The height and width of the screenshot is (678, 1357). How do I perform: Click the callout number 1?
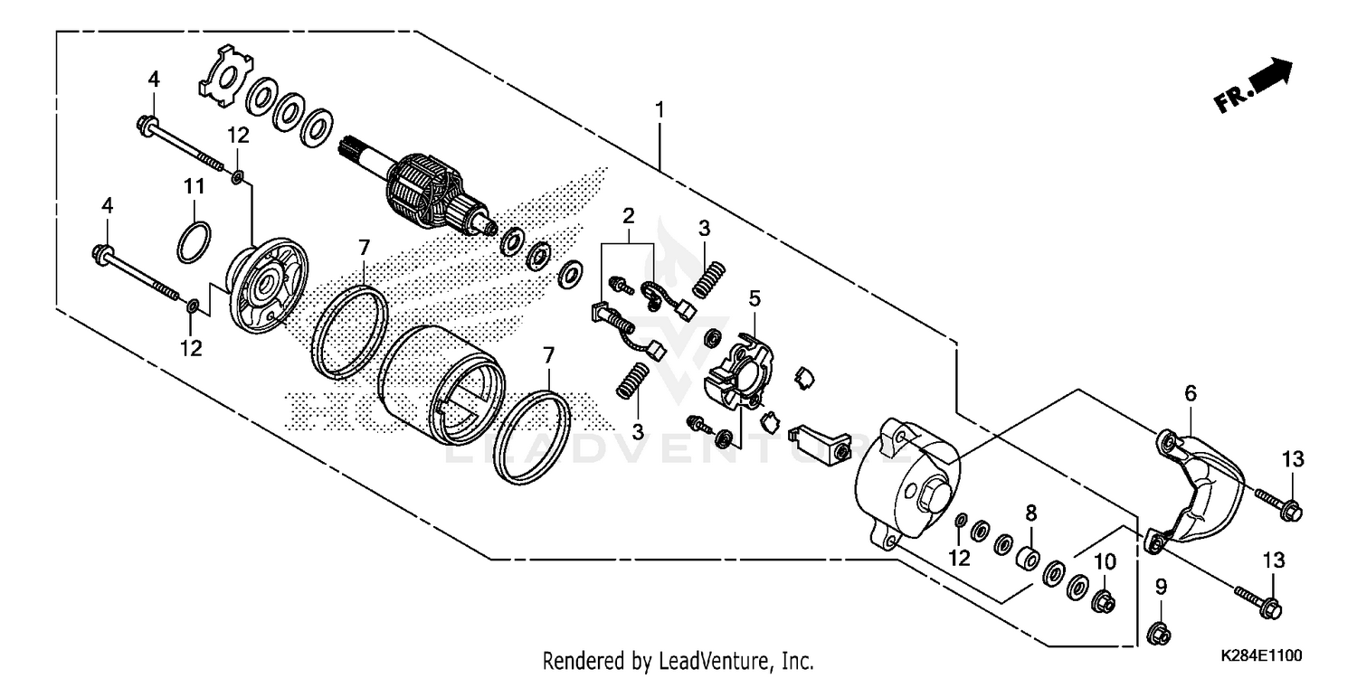[x=660, y=110]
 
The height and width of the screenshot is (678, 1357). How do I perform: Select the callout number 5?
[x=754, y=297]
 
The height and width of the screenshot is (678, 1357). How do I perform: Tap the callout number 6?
[x=1191, y=392]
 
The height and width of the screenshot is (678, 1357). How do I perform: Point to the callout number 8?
[x=1030, y=513]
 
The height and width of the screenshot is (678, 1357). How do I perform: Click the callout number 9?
[x=1161, y=588]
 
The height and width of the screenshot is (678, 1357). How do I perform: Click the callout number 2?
[x=628, y=214]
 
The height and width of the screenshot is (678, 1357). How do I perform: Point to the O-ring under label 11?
[x=195, y=242]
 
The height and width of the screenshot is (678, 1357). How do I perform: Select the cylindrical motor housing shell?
[x=439, y=384]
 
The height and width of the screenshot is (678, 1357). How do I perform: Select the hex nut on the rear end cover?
[x=935, y=496]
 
